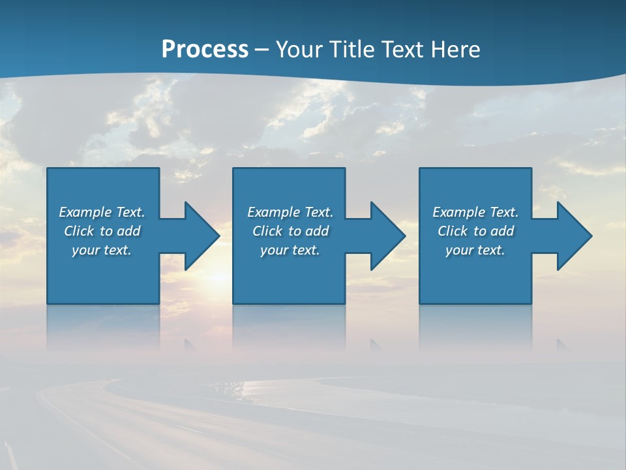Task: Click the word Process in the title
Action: (205, 49)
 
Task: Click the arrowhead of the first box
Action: (202, 236)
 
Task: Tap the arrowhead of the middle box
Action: (388, 236)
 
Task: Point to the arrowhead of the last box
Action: (574, 236)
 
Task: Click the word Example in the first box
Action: (85, 212)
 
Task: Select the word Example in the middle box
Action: (273, 212)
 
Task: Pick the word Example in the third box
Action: (458, 212)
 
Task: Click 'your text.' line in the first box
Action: (102, 250)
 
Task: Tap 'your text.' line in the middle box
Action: (290, 250)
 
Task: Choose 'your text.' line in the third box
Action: (475, 250)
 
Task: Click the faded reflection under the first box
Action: (103, 326)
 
